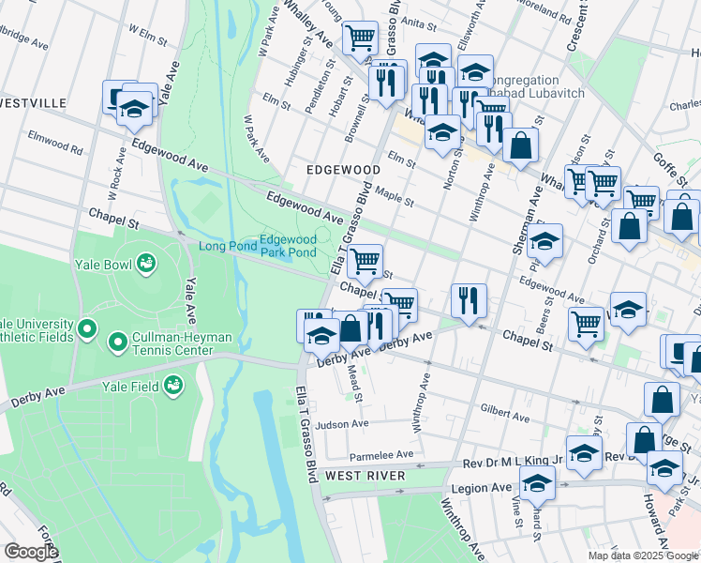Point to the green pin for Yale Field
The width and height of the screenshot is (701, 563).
[172, 384]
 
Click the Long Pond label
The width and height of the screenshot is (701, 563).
[226, 247]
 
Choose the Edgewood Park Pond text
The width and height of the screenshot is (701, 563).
[288, 246]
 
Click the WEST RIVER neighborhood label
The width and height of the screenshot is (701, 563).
[365, 477]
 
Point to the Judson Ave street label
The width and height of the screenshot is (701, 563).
[341, 424]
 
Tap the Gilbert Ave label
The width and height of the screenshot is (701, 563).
[506, 413]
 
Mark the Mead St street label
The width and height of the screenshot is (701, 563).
[353, 379]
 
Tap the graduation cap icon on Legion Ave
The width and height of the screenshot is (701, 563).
[538, 482]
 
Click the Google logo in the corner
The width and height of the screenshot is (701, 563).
[30, 552]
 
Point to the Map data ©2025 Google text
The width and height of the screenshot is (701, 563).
[642, 555]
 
